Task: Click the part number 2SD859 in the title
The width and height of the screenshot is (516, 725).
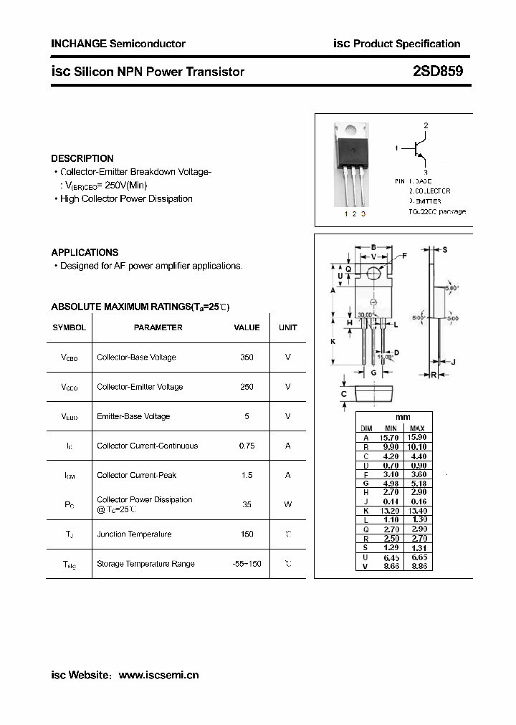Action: click(438, 72)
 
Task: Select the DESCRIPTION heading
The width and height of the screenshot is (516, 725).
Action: click(82, 158)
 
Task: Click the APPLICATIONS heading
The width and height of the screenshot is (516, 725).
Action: click(85, 252)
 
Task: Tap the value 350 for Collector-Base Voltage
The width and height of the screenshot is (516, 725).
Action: click(247, 357)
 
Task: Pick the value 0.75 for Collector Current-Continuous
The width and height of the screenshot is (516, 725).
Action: click(247, 446)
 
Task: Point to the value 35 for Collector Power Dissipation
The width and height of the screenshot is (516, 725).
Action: click(247, 504)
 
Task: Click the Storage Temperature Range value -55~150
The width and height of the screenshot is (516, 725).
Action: click(247, 564)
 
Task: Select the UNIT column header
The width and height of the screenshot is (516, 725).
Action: click(287, 327)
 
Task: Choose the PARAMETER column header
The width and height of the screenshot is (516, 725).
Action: click(158, 327)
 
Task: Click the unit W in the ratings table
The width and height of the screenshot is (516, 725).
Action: click(287, 504)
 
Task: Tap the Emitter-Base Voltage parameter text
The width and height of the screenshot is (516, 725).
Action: click(133, 416)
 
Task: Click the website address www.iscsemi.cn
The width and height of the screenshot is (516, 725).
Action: click(158, 675)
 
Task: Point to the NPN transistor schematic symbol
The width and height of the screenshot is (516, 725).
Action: click(419, 149)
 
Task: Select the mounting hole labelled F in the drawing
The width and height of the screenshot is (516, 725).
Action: click(374, 273)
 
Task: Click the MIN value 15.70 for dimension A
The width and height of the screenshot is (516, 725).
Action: click(391, 437)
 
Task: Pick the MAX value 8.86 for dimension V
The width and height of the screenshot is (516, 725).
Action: click(417, 566)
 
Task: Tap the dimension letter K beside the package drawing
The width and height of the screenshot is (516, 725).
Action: click(333, 342)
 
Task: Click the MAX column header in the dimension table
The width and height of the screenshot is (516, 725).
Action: click(417, 428)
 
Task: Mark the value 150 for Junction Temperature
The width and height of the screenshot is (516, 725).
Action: click(247, 534)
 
